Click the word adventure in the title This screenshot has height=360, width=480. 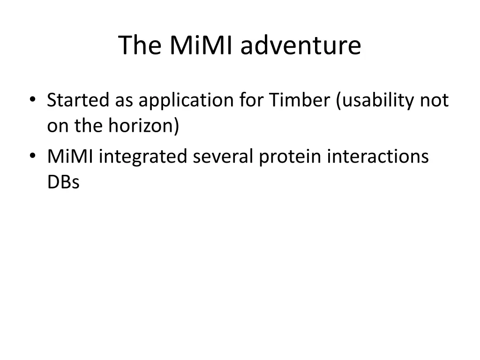[x=300, y=45]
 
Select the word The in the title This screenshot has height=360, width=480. [x=140, y=45]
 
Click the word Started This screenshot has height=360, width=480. [x=78, y=100]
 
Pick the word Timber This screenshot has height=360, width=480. [x=300, y=100]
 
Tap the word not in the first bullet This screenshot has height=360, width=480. [x=435, y=101]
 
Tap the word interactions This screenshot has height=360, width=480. [x=378, y=157]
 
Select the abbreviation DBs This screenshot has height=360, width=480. [x=63, y=181]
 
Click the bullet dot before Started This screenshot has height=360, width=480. [x=32, y=99]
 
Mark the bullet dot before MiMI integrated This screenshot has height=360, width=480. [x=32, y=156]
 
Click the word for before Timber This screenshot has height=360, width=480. [x=251, y=100]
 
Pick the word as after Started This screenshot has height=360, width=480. [x=124, y=101]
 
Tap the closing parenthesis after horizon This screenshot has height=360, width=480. [x=176, y=126]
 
